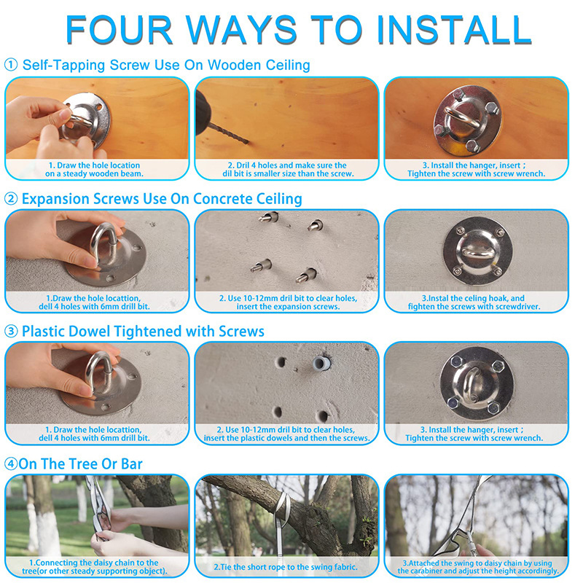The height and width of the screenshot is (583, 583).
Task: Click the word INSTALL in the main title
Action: click(x=454, y=30)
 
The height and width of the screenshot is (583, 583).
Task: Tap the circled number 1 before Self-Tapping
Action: click(x=11, y=65)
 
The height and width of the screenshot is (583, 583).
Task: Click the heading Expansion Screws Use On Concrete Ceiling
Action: click(x=162, y=199)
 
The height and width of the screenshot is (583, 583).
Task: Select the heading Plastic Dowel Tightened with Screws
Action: click(x=143, y=332)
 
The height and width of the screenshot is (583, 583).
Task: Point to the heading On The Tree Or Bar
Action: click(x=81, y=464)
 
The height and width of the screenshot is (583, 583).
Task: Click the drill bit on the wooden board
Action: click(x=228, y=133)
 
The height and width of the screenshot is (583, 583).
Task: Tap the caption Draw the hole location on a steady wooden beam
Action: click(x=95, y=170)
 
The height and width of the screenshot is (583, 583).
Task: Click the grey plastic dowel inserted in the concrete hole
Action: click(x=321, y=363)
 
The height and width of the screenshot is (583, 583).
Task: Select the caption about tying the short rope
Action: click(x=286, y=567)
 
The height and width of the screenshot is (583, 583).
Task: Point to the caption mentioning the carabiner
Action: click(x=477, y=567)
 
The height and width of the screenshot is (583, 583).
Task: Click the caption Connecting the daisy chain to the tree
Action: click(x=95, y=567)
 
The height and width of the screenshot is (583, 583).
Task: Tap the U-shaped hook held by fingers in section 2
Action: click(x=103, y=242)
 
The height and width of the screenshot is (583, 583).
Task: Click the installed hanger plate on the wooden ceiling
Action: click(x=467, y=120)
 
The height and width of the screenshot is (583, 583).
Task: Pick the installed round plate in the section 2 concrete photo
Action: click(x=477, y=251)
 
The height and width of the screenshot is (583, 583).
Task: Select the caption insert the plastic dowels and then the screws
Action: click(x=286, y=438)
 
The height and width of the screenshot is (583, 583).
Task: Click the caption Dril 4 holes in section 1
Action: click(x=288, y=170)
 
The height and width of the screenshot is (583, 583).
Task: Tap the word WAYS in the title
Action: click(x=241, y=30)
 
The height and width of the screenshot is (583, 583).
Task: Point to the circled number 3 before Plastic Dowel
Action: click(x=11, y=332)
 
